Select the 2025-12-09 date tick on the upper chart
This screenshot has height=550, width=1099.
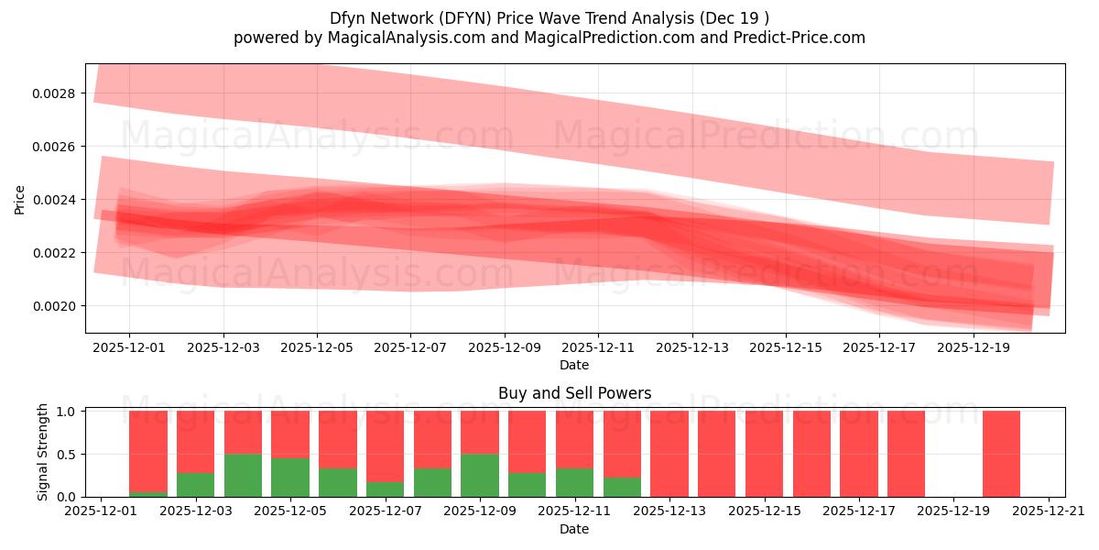(x=504, y=348)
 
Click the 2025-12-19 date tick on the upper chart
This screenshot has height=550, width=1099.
(x=973, y=348)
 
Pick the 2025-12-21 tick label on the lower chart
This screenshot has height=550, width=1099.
(x=1048, y=512)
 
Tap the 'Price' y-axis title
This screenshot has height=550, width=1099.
(x=20, y=199)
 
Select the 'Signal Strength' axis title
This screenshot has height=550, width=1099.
(x=43, y=453)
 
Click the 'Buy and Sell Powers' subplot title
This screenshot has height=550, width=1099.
(x=574, y=393)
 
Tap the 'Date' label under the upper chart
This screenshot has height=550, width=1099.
(x=574, y=365)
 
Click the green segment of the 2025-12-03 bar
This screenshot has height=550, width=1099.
(x=195, y=485)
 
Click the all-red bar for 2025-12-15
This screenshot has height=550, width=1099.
(x=764, y=454)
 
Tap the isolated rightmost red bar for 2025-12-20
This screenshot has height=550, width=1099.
(x=1001, y=454)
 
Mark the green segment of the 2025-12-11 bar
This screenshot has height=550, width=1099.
(x=574, y=482)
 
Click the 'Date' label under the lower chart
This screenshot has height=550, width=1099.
(x=574, y=529)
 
